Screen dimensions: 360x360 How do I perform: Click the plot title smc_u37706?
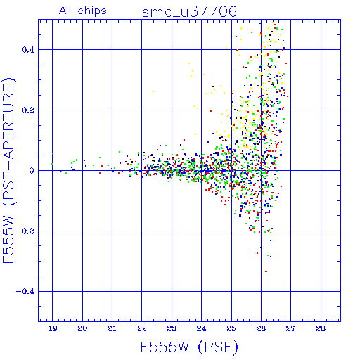point(189,11)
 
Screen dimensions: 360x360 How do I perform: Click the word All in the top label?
point(65,11)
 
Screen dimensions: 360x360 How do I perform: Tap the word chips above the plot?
point(92,11)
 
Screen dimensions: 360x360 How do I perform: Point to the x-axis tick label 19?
point(53,328)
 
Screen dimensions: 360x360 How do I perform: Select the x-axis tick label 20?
point(82,328)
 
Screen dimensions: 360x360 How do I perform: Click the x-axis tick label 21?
point(112,328)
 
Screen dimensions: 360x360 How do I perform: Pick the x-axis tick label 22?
point(142,328)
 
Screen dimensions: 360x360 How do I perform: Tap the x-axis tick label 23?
point(172,328)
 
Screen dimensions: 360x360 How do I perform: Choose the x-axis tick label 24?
point(201,328)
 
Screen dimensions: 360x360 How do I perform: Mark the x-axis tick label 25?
point(231,328)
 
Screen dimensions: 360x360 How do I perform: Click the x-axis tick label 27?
point(290,328)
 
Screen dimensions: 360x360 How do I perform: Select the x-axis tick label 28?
point(321,328)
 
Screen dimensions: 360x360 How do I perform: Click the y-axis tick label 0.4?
point(28,50)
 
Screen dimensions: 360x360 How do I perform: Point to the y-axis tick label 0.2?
point(28,110)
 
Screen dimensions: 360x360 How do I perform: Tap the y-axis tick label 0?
point(32,171)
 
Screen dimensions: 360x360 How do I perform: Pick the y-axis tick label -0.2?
point(25,231)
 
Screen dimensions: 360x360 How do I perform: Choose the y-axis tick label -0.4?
point(25,292)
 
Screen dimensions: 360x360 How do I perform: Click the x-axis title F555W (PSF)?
point(189,347)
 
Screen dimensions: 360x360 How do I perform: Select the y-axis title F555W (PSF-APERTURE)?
point(8,171)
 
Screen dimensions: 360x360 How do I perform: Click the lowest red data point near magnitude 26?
point(266,271)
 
